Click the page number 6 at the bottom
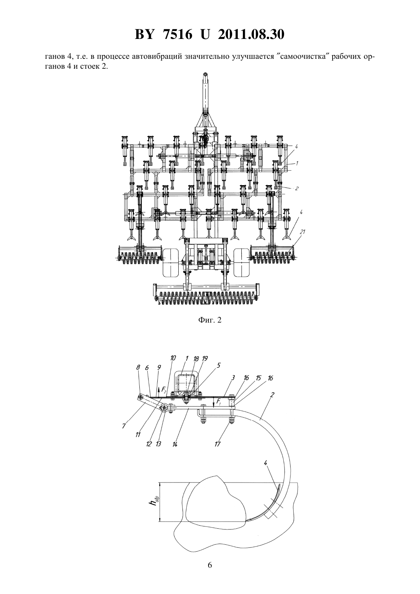(210, 572)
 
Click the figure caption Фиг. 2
(210, 320)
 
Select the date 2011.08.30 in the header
(251, 34)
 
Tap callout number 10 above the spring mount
(173, 358)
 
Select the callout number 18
(196, 359)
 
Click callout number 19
(205, 359)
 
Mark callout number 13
(158, 444)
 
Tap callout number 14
(175, 444)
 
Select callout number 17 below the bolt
(217, 444)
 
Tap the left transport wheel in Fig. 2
(171, 263)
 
